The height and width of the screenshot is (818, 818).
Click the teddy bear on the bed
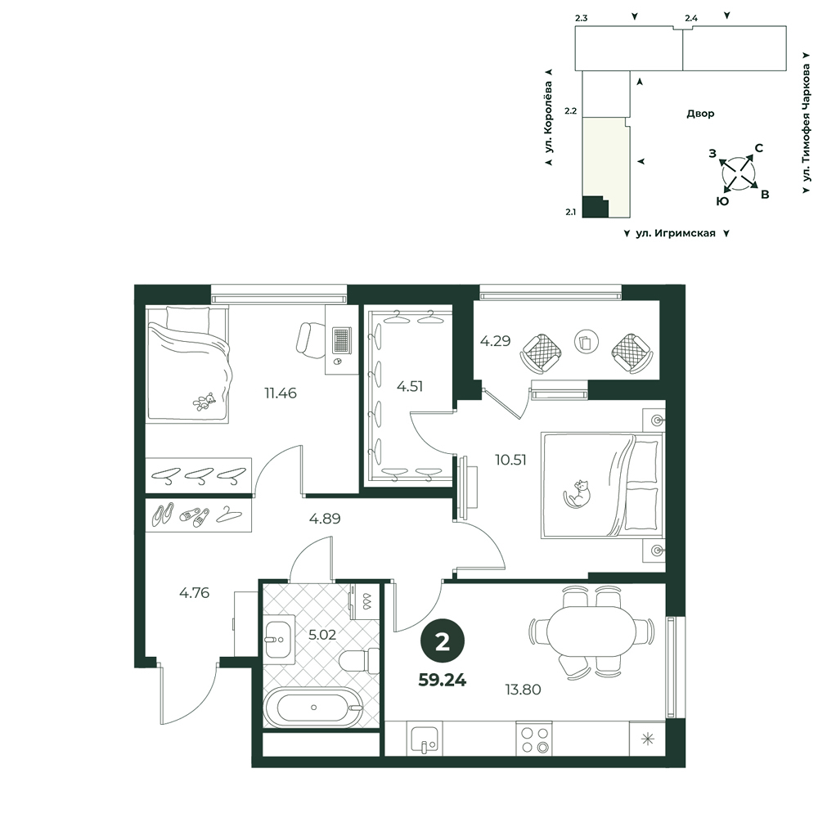pos(204,402)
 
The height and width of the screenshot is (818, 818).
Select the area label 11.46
pos(281,393)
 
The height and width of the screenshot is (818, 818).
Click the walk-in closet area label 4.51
pos(410,387)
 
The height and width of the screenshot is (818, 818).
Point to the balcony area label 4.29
pos(495,341)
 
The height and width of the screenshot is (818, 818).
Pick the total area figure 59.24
pos(443,680)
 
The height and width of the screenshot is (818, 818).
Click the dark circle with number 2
pos(443,642)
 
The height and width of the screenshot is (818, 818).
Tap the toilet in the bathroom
pos(359,660)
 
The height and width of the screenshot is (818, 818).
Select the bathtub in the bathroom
pos(313,708)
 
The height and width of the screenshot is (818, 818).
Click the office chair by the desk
pos(311,340)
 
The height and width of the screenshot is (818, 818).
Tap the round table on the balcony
pos(587,342)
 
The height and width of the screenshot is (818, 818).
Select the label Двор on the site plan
pos(700,114)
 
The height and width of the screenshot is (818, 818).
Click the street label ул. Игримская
pos(676,234)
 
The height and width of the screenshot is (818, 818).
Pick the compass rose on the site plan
pos(738,172)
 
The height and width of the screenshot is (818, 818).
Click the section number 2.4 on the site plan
pos(691,18)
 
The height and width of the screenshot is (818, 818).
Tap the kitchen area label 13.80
pos(523,690)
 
